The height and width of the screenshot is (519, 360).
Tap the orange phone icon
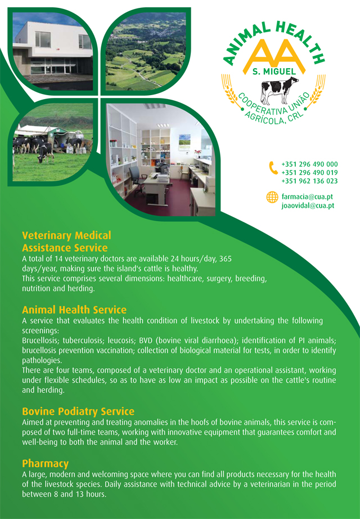[x=273, y=168]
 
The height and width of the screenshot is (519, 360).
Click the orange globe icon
[x=272, y=197]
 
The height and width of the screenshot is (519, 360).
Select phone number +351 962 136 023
[x=309, y=181]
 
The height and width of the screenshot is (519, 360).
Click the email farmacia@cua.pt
[x=307, y=197]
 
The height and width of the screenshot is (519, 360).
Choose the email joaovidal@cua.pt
[x=308, y=205]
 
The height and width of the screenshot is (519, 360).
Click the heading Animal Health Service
[x=74, y=310]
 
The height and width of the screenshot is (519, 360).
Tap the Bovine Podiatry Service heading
[x=78, y=411]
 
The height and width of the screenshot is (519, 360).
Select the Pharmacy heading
[x=46, y=464]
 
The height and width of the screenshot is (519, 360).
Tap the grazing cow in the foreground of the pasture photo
[x=46, y=153]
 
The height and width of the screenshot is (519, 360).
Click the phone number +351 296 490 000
[x=309, y=164]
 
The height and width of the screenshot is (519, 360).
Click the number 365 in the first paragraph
[x=226, y=258]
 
